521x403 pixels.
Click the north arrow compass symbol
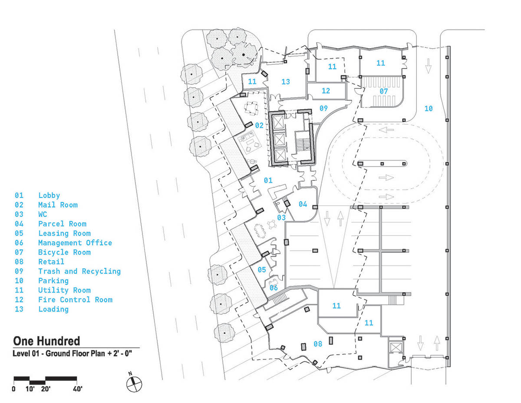[x=134, y=384]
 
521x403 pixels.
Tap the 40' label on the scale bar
[x=77, y=389]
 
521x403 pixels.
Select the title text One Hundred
[x=46, y=341]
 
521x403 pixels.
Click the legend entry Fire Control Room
[x=75, y=300]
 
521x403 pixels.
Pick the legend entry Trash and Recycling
[x=79, y=271]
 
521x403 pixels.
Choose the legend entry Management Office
[x=75, y=243]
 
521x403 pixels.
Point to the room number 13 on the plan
[x=286, y=82]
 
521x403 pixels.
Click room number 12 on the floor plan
[x=326, y=91]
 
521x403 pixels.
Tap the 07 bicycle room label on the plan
[x=384, y=91]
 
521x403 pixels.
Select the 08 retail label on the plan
[x=318, y=344]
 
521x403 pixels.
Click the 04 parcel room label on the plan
[x=303, y=204]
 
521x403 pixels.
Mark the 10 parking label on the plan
[x=429, y=109]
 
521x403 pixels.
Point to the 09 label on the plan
[x=323, y=108]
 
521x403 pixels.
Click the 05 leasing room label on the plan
[x=261, y=270]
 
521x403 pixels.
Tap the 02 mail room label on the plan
[x=259, y=125]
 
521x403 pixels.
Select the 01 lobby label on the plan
[x=268, y=180]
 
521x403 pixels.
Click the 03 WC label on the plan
[x=281, y=218]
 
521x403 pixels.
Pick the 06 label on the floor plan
[x=274, y=288]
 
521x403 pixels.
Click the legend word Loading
[x=53, y=309]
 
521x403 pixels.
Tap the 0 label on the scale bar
[x=13, y=389]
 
